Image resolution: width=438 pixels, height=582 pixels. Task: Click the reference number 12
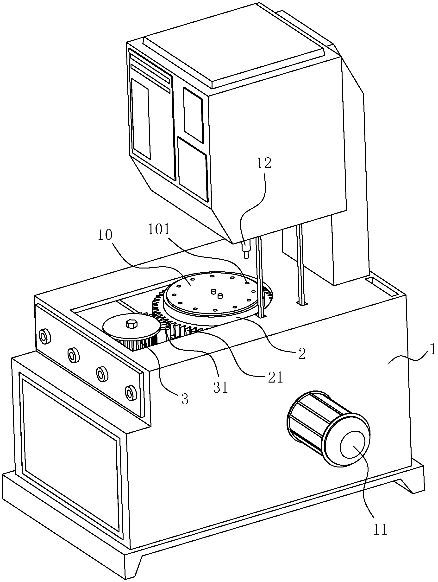pyautogui.click(x=264, y=164)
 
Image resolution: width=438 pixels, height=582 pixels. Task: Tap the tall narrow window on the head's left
pyautogui.click(x=141, y=119)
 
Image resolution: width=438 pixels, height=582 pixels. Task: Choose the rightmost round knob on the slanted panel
pyautogui.click(x=130, y=393)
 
